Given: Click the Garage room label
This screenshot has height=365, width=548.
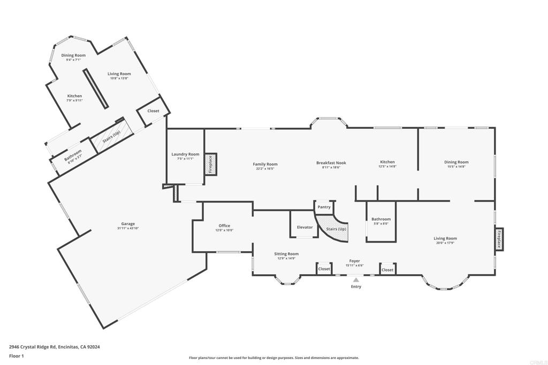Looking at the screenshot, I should [x=128, y=224].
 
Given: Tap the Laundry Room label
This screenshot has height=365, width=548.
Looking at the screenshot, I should [x=185, y=154].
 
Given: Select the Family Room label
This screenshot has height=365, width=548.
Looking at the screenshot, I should [x=265, y=164].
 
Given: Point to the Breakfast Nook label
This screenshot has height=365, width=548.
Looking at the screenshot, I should [x=331, y=162].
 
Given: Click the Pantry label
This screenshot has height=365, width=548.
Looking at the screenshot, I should [x=324, y=207].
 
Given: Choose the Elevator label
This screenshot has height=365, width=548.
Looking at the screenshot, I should [x=305, y=227].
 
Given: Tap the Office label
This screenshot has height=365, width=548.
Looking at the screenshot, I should [x=224, y=226].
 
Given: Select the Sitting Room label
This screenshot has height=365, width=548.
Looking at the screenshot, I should [x=286, y=254].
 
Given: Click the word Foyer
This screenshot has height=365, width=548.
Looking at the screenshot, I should [x=355, y=261].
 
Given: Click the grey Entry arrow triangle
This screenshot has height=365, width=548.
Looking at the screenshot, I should [x=356, y=279].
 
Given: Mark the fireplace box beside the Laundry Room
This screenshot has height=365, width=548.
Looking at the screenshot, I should [x=210, y=165].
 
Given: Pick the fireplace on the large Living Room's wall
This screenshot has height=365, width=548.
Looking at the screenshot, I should [x=499, y=239].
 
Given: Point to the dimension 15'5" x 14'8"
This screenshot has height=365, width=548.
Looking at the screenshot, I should [x=456, y=167].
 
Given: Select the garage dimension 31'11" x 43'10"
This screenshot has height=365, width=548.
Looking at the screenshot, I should [x=128, y=228].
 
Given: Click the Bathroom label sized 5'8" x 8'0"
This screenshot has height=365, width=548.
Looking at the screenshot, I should [x=381, y=219].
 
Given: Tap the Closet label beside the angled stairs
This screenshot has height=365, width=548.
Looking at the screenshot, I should [x=153, y=111].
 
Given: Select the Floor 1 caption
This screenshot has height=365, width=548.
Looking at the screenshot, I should [x=17, y=355].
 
